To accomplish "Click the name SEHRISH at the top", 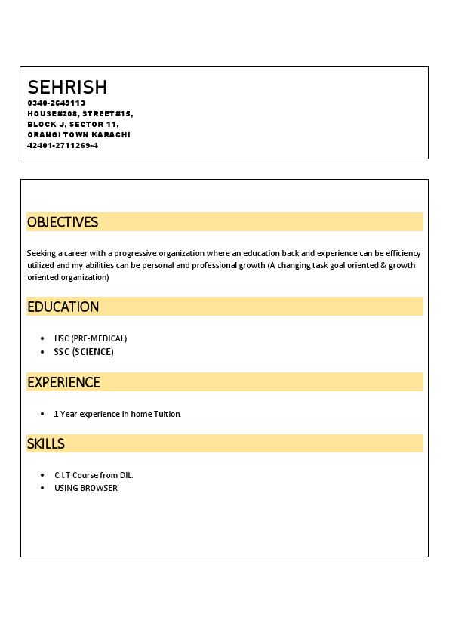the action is click(67, 87).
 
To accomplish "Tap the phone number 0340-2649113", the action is click(57, 103).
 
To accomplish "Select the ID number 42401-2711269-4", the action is click(63, 145).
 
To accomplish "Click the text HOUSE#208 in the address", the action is click(53, 113).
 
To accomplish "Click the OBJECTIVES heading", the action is click(63, 222).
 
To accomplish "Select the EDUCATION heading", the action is click(63, 307).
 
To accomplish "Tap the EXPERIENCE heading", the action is click(63, 382).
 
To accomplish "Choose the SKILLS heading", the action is click(46, 443).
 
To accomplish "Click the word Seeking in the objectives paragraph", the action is click(41, 253).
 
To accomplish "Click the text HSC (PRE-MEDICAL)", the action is click(91, 338).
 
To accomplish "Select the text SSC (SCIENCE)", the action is click(84, 352).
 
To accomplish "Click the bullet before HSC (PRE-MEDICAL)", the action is click(42, 338).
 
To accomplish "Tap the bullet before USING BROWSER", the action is click(42, 488).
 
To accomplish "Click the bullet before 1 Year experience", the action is click(42, 414).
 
